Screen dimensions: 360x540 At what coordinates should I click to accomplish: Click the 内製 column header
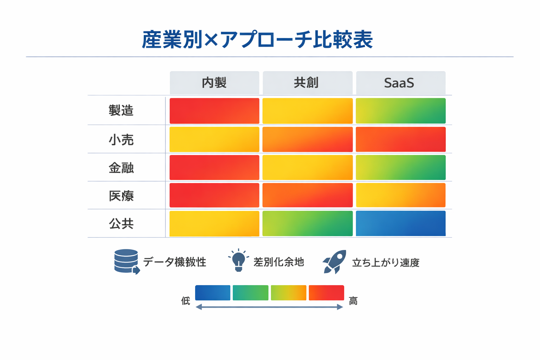point(214,83)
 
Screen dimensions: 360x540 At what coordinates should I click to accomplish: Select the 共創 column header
point(307,83)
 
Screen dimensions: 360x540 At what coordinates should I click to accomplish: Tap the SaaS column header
point(400,83)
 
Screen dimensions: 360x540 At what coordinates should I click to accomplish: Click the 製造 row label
point(121,111)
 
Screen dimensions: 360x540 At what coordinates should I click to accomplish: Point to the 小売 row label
point(121,140)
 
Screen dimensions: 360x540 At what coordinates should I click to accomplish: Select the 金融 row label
point(121,168)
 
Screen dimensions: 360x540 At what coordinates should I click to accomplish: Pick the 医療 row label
point(121,196)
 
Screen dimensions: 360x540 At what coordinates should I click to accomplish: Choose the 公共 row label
point(121,224)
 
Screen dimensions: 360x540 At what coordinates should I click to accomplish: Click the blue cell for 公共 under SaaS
point(400,224)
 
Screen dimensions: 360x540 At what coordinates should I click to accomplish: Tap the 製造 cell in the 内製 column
point(214,111)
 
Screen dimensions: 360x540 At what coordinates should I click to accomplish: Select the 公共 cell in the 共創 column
point(307,224)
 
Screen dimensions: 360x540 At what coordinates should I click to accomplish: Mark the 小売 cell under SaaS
point(400,140)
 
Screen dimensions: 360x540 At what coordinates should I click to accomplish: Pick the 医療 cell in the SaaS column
point(400,195)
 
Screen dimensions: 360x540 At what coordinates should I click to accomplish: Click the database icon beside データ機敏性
point(127,261)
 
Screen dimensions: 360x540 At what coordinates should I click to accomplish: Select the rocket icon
point(335,262)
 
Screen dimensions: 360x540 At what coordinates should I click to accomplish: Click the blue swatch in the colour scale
point(213,293)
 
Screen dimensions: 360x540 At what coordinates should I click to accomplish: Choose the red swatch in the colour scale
point(326,293)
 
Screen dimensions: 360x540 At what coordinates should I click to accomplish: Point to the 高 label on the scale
point(353,301)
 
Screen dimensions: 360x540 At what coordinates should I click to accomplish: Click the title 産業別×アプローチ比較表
point(257,39)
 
